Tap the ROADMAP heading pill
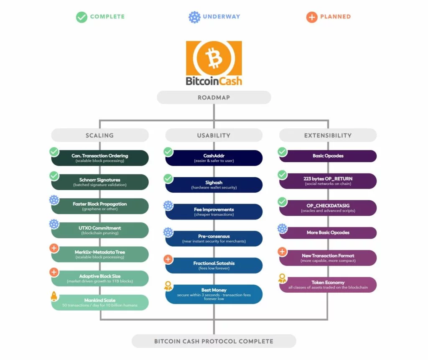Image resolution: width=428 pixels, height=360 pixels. [x=214, y=97]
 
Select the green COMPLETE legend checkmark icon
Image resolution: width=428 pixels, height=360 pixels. [x=82, y=17]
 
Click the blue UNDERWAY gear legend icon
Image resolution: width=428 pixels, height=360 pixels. [x=194, y=17]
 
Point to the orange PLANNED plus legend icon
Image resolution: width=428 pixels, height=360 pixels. [x=311, y=17]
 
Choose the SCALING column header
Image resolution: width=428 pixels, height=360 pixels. [x=99, y=135]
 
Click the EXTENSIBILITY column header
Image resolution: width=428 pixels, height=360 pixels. [x=328, y=135]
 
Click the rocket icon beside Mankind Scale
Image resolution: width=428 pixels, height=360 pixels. [x=54, y=296]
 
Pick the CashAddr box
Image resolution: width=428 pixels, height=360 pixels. [x=214, y=158]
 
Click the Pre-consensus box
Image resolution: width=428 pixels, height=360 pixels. [x=214, y=239]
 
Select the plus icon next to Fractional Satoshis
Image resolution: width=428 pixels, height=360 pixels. [x=168, y=259]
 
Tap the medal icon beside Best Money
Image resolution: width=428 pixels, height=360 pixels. [x=168, y=286]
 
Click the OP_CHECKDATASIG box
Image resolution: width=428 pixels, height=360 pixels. [x=328, y=208]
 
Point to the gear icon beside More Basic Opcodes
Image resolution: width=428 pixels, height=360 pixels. [x=283, y=229]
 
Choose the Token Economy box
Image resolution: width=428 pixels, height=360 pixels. [x=328, y=285]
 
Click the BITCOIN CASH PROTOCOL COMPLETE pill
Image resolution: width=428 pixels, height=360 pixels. [x=214, y=341]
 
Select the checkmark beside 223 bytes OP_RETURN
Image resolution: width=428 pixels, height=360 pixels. [x=283, y=174]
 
